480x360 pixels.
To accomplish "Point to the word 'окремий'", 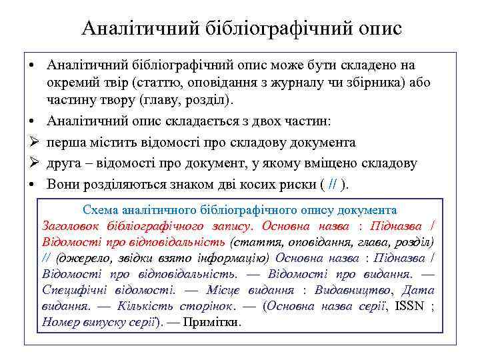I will pyautogui.click(x=73, y=83).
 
